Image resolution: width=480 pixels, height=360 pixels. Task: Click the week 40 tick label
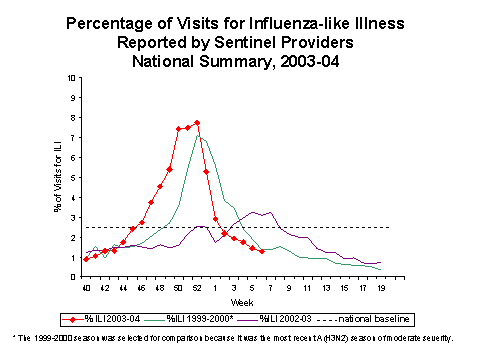click(x=86, y=288)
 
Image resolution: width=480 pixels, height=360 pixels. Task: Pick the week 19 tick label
click(x=382, y=288)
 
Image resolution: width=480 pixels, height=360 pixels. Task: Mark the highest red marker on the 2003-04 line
click(x=197, y=123)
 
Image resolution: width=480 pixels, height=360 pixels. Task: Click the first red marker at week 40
click(x=86, y=259)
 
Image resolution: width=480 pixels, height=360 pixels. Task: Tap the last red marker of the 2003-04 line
click(x=262, y=251)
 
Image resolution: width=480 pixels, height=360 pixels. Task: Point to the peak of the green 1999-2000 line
click(x=200, y=134)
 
